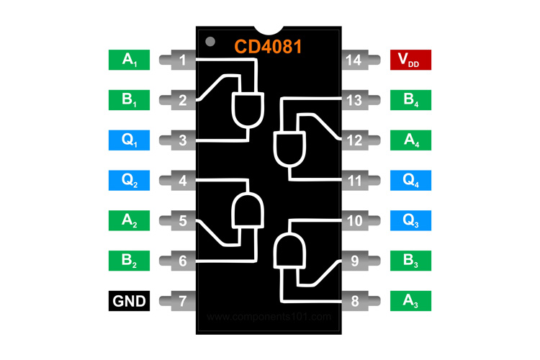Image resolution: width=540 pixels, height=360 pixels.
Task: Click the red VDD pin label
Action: point(410,60)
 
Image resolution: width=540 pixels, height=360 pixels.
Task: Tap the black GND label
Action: point(129,300)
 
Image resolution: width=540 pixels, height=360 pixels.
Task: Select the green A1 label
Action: point(129,60)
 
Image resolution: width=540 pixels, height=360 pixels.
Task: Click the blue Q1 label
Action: point(129,140)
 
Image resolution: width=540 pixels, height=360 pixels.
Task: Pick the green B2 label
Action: point(129,260)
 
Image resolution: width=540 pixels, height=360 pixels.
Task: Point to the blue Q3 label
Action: point(410,220)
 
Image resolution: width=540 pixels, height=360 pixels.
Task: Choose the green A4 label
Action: point(410,140)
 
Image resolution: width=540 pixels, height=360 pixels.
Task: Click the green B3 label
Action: point(410,260)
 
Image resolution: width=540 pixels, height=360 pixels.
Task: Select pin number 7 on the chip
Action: point(183,300)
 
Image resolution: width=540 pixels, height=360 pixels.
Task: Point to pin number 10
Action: point(354,220)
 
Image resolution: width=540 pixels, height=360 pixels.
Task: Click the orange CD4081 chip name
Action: point(268,47)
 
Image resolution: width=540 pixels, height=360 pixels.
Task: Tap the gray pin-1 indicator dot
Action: point(210,41)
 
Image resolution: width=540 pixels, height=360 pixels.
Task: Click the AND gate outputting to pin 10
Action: point(289,249)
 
